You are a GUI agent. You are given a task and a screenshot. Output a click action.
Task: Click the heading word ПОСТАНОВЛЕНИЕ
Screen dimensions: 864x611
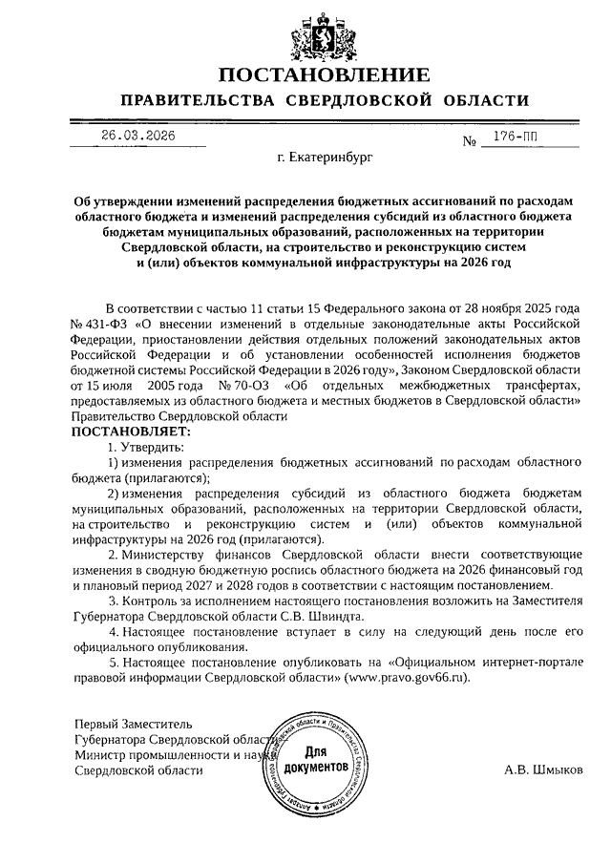324,75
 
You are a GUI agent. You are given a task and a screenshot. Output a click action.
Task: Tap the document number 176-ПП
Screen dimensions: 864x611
515,137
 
